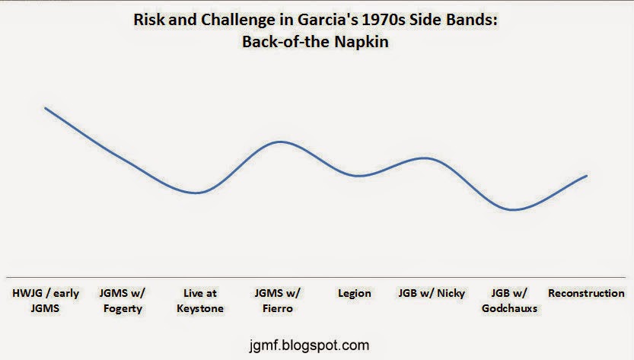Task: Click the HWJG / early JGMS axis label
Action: [x=46, y=301]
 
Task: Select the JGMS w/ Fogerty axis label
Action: [x=122, y=301]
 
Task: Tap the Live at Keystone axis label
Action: [x=200, y=301]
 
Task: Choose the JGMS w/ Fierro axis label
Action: [x=277, y=301]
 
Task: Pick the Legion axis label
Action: [x=355, y=293]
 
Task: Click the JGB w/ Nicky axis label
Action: [x=432, y=293]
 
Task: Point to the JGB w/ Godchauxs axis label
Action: [x=509, y=301]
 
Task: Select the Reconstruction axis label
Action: [x=586, y=293]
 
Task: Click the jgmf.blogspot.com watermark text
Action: [x=309, y=346]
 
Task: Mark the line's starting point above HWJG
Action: [x=46, y=108]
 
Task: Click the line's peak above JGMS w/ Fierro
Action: [x=281, y=142]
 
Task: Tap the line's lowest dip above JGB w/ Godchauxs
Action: [x=512, y=210]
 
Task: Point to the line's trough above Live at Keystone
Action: [x=196, y=193]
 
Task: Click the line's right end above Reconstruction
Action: [x=586, y=176]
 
